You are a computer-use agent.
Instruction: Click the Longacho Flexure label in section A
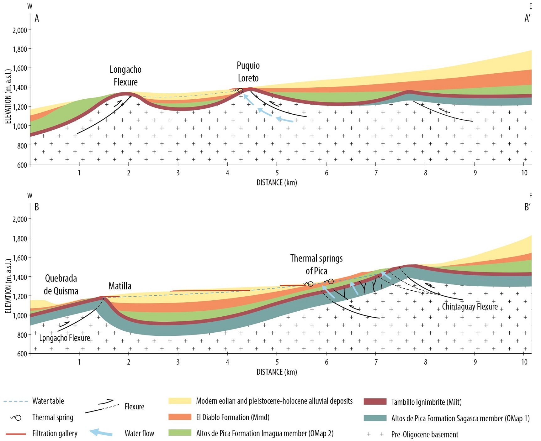pos(125,75)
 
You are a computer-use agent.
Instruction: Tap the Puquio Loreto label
pos(248,72)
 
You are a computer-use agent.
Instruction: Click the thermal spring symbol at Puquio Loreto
pos(240,91)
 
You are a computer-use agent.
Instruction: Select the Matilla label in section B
pos(120,286)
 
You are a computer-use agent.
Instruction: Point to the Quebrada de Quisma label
pos(61,284)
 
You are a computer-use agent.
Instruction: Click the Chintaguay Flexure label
pos(469,306)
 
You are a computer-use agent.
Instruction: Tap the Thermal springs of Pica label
pos(316,264)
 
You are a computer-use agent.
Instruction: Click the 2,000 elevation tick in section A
pos(20,30)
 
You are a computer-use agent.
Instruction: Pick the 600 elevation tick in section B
pos(22,354)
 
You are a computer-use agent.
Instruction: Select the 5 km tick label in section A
pos(277,173)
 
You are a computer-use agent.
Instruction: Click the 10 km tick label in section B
pos(524,362)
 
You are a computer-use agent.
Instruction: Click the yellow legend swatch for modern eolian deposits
pos(180,401)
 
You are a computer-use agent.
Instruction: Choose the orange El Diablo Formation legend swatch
pos(180,417)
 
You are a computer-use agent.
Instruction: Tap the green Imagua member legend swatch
pos(180,433)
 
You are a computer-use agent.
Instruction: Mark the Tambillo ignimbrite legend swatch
pos(375,402)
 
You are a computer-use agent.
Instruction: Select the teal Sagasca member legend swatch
pos(375,418)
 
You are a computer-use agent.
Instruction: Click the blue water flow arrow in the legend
pos(101,433)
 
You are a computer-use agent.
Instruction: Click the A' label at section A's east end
pos(527,18)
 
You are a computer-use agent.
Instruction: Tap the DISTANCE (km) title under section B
pos(277,372)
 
